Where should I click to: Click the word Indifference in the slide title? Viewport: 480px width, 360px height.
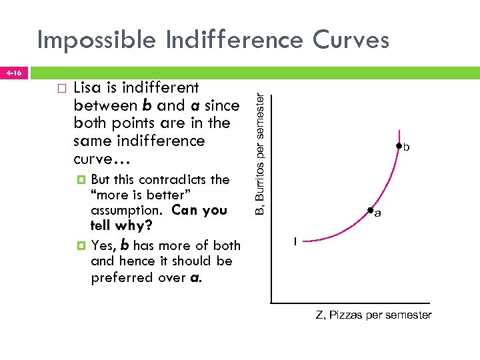pyautogui.click(x=221, y=40)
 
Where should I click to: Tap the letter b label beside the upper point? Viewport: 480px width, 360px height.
pyautogui.click(x=406, y=148)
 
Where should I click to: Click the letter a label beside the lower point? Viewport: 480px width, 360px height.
pyautogui.click(x=377, y=214)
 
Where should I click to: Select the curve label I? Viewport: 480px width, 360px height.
pyautogui.click(x=296, y=241)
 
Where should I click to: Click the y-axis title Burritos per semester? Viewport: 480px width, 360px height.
pyautogui.click(x=263, y=153)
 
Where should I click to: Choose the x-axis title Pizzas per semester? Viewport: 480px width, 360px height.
pyautogui.click(x=373, y=315)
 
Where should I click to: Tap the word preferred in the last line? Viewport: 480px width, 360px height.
pyautogui.click(x=121, y=277)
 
